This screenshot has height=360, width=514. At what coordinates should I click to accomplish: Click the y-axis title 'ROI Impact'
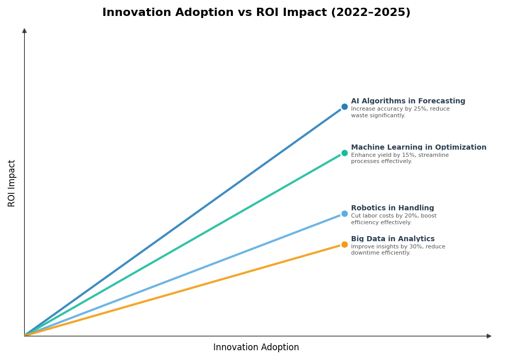pos(12,183)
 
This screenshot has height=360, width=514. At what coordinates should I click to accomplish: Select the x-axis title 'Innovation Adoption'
pos(256,348)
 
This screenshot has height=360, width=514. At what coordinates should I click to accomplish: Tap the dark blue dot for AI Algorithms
pos(344,107)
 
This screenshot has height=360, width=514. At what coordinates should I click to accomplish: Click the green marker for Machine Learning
pos(344,153)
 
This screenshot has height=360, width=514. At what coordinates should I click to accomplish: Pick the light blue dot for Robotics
pos(344,214)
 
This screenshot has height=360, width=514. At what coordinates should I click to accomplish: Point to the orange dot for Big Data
pos(344,245)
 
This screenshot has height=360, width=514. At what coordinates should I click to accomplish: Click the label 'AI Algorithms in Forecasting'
pos(408,101)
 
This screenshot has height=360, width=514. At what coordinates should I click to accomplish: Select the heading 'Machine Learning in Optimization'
pos(418,148)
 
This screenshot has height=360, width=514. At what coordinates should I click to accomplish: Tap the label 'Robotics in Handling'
pos(392,208)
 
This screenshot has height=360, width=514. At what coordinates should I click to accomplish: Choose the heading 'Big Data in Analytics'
pos(393,239)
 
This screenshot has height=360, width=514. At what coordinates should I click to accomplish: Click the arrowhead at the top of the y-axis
pos(24,31)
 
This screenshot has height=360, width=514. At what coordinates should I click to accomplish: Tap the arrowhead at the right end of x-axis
pos(489,336)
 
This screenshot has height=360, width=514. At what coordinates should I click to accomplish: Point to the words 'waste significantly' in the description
pos(378,116)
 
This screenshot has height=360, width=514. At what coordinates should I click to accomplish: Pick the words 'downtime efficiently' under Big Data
pos(380,253)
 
